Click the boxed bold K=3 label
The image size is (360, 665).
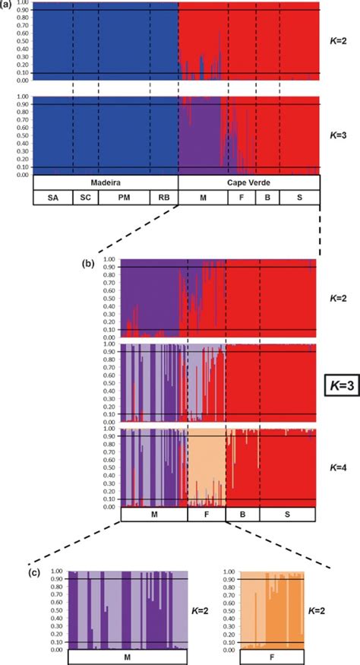click(337, 386)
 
